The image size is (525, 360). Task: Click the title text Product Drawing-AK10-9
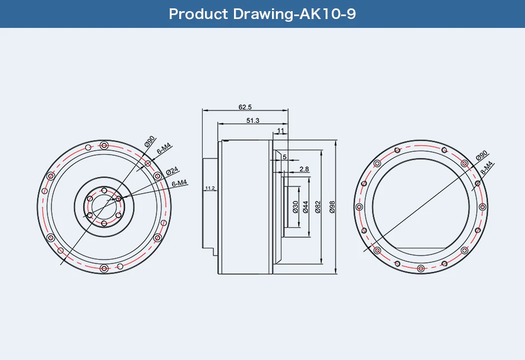coord(262,14)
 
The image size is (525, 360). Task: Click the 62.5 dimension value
coord(245,107)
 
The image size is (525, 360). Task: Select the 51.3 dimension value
coord(252,121)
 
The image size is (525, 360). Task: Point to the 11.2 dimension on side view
coord(210,189)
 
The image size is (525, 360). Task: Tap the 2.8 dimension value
coord(304,169)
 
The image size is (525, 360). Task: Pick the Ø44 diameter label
coord(306,207)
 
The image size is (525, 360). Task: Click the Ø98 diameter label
coord(332,207)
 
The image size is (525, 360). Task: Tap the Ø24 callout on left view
coord(172,170)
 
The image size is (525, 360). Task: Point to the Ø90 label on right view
coord(482,156)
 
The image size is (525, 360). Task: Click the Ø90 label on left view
coord(150,141)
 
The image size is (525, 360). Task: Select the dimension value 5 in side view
coord(284,157)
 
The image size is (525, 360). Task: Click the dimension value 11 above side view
coord(280,131)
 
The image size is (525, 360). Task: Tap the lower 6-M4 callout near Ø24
coord(179,183)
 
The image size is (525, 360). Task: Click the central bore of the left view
coord(104,207)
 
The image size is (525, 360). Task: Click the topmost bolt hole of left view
coord(104,146)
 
